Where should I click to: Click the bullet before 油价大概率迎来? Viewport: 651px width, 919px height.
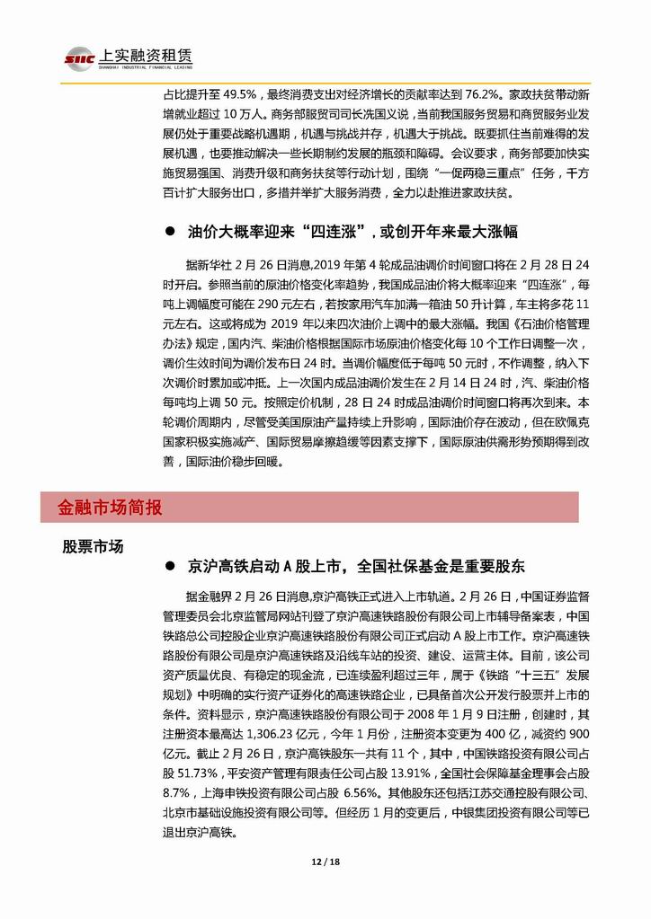click(x=167, y=233)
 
